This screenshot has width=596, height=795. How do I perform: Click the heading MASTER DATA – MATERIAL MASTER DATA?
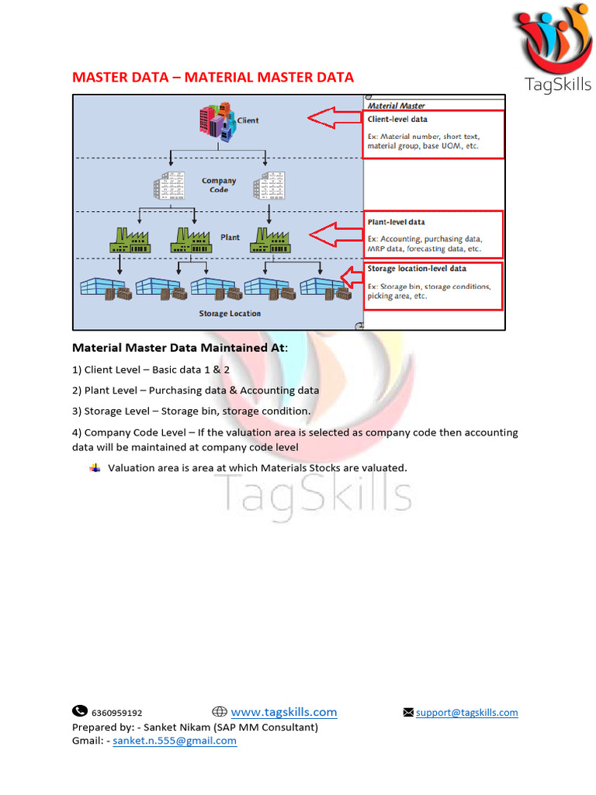(213, 77)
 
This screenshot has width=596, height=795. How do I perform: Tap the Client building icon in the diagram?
(217, 121)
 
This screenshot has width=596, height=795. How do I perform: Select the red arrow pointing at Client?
(334, 119)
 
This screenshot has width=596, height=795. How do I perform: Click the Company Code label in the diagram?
(219, 185)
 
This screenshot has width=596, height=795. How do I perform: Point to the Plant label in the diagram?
(230, 238)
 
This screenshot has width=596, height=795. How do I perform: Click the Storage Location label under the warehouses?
(230, 314)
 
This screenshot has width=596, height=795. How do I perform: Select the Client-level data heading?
(397, 120)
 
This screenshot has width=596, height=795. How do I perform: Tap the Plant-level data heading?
(396, 223)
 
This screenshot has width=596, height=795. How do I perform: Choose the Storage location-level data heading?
(417, 269)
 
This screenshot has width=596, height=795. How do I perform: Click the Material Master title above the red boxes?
(396, 106)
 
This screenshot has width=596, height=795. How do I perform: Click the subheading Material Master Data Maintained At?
(179, 348)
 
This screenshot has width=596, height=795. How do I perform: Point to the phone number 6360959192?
(116, 713)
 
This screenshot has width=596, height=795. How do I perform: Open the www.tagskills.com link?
(284, 712)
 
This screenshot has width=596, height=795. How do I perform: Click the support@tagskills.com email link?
(466, 713)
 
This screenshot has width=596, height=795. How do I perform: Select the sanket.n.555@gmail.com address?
(175, 741)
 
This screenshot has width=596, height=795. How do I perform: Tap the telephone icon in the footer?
(80, 711)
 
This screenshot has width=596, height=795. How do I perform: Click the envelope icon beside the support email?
(408, 713)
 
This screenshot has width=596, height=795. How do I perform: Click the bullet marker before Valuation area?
(95, 467)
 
